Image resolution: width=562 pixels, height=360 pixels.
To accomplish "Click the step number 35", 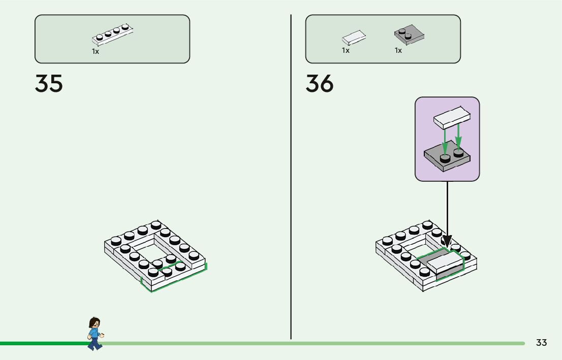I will click(x=49, y=83).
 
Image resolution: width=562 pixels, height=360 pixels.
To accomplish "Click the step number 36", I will click(x=320, y=83).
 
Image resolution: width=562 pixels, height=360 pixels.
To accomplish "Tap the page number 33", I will click(x=541, y=343).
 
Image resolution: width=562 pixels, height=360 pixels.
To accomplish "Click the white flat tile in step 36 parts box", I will click(x=354, y=37).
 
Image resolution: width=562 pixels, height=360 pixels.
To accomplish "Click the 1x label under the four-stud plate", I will click(x=96, y=51).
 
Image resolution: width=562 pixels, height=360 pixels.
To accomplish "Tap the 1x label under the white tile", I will click(x=346, y=50).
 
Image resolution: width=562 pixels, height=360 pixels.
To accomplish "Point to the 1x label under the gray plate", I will click(x=398, y=50).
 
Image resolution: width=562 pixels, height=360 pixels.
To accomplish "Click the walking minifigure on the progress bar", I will click(x=95, y=334).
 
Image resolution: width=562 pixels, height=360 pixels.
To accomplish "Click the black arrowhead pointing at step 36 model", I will click(x=447, y=240).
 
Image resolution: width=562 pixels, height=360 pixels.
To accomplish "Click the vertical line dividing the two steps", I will click(x=291, y=178).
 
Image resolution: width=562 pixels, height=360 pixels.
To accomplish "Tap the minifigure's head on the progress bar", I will click(x=94, y=323).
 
